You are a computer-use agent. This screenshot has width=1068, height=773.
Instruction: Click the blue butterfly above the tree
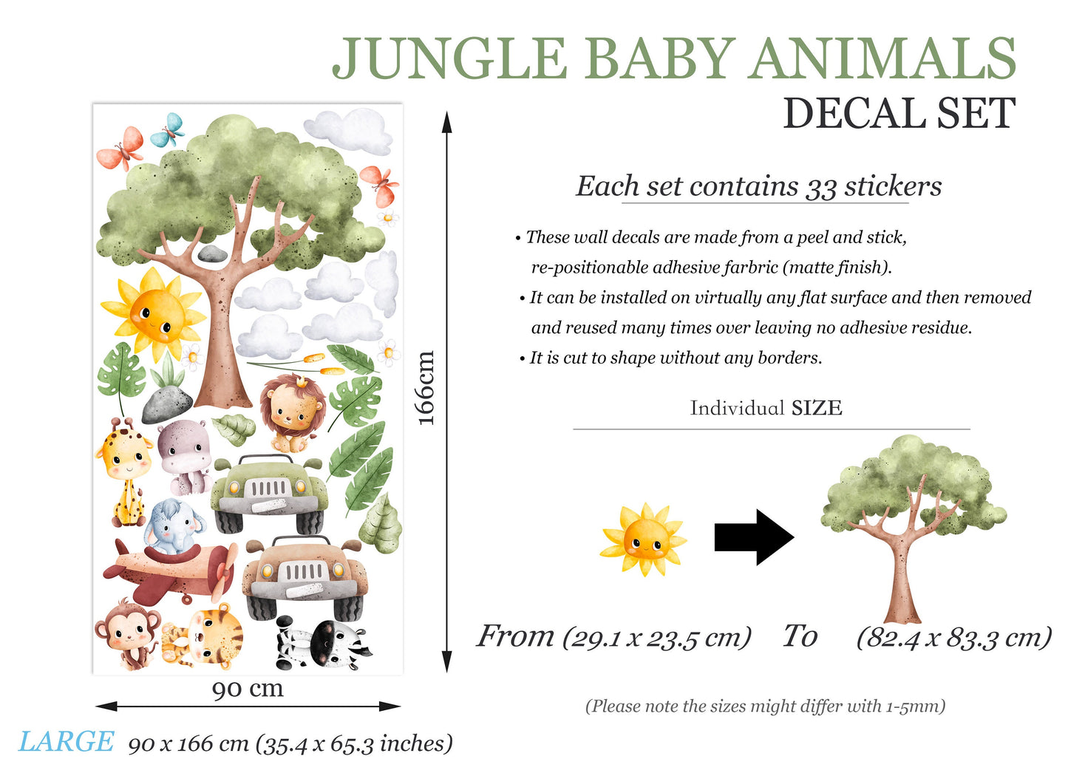(x=169, y=130)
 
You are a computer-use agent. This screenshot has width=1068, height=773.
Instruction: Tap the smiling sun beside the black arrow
(x=644, y=540)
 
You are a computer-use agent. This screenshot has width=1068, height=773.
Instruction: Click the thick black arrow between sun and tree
(x=752, y=537)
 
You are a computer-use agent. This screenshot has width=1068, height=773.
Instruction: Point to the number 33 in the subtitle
(x=820, y=187)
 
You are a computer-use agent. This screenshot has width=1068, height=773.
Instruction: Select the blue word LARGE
(x=67, y=742)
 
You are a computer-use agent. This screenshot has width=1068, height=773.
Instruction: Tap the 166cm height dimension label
(x=426, y=388)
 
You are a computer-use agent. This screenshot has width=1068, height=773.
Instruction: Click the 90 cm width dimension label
(x=248, y=689)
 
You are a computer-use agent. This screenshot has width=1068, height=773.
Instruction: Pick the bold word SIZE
(x=817, y=408)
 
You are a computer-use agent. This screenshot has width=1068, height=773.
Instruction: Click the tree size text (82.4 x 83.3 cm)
(x=953, y=637)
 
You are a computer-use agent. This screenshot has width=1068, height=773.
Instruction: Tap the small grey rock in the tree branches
(x=213, y=253)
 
